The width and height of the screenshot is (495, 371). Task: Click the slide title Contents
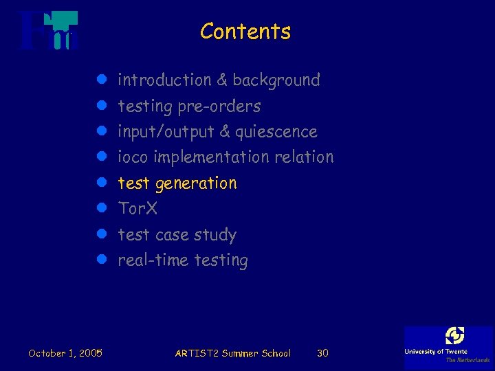245,32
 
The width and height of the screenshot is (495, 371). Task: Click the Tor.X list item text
137,208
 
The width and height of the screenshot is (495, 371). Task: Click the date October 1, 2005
65,353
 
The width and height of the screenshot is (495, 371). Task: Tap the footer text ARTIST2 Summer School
233,353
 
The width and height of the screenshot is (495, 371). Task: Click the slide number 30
322,353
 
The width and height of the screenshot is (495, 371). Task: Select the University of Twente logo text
436,352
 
